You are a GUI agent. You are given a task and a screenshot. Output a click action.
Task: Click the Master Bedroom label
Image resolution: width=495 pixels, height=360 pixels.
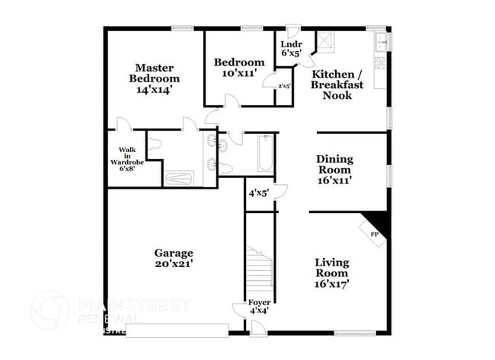(155, 72)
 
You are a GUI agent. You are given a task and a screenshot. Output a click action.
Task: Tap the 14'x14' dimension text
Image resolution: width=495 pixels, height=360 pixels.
(155, 89)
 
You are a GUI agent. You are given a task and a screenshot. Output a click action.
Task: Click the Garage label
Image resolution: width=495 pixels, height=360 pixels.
(174, 253)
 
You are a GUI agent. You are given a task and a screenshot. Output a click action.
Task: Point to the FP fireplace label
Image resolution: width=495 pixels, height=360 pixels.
(374, 234)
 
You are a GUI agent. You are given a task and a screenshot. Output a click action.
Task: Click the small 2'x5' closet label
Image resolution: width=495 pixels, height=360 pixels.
(283, 86)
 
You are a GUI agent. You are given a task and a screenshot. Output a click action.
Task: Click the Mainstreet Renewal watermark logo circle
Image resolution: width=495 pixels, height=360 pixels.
(49, 310)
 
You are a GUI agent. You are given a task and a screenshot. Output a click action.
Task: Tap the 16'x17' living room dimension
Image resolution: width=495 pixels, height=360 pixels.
(332, 284)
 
